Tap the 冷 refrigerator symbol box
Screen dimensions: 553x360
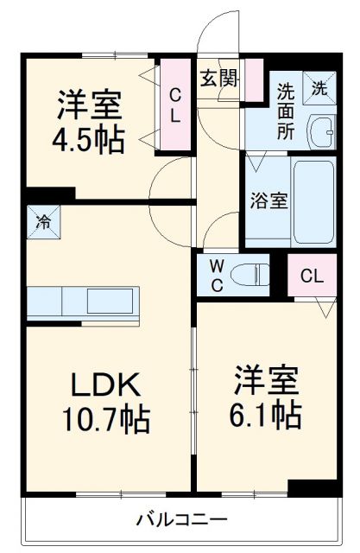point(42,220)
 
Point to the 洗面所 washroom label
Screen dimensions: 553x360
point(286,111)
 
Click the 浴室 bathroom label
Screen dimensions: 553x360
point(267,198)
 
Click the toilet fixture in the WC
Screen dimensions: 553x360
point(249,274)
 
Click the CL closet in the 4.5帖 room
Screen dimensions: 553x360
point(174,105)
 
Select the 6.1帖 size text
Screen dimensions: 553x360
point(265,415)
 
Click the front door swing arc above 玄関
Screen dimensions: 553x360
point(216,35)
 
